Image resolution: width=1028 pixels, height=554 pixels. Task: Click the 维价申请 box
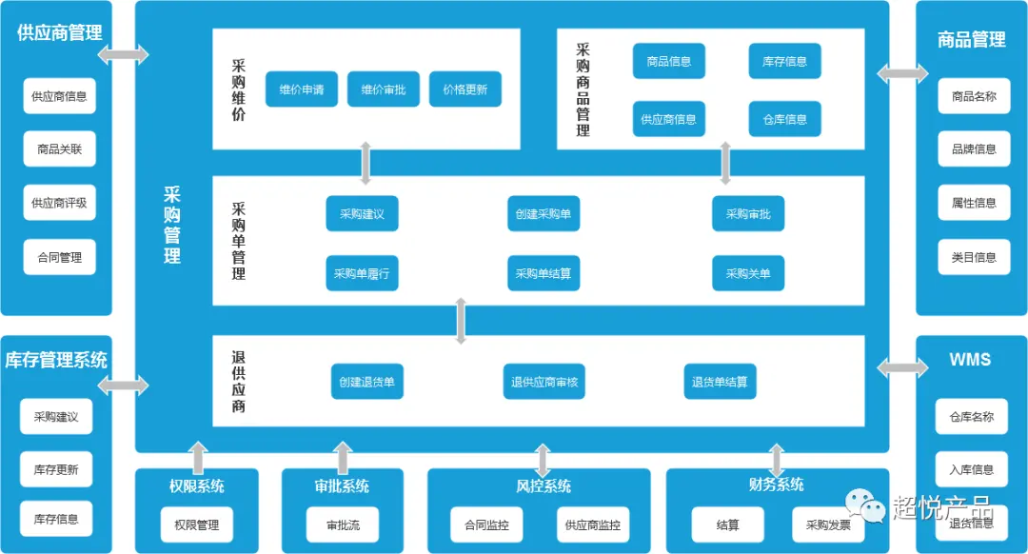click(x=302, y=89)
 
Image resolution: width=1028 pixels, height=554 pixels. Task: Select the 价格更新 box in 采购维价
click(x=465, y=89)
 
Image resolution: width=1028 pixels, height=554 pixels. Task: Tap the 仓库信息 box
click(x=784, y=119)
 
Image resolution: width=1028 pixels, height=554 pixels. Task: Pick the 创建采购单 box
click(x=543, y=214)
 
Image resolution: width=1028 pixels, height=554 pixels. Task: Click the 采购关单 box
click(x=748, y=273)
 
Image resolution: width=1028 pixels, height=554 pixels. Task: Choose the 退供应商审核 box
click(x=544, y=382)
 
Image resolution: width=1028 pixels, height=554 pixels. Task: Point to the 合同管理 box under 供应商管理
click(x=60, y=257)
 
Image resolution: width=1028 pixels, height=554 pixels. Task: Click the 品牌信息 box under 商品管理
click(x=974, y=148)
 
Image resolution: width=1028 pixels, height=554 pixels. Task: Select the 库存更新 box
click(x=56, y=469)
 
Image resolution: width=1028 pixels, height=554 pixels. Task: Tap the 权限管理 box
click(x=196, y=524)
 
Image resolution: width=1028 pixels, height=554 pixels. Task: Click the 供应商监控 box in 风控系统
click(x=592, y=524)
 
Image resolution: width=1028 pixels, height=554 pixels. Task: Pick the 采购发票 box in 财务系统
click(x=828, y=524)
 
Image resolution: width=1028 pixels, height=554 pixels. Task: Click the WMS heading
click(x=970, y=360)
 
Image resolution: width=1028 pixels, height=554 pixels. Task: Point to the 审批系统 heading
click(x=342, y=485)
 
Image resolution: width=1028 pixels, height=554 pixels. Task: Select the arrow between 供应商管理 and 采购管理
click(x=123, y=54)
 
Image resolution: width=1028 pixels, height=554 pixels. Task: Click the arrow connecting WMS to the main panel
click(x=902, y=367)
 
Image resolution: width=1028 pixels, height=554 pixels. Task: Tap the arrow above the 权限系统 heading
click(x=198, y=457)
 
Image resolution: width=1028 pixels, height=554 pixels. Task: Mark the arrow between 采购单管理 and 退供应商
click(x=461, y=321)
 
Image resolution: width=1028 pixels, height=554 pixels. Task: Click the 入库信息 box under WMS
click(x=971, y=469)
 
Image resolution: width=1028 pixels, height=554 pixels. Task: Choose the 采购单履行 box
click(x=362, y=273)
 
